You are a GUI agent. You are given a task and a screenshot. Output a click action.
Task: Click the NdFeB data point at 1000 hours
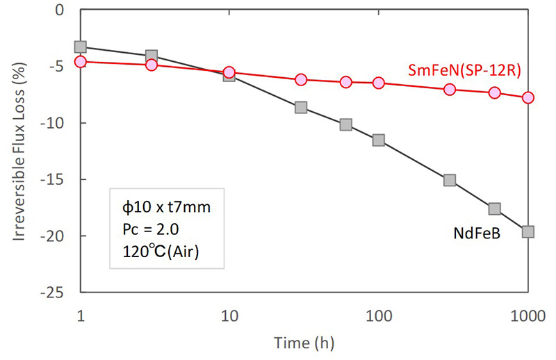(x=528, y=231)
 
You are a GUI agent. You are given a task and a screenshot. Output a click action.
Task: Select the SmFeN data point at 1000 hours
(x=528, y=97)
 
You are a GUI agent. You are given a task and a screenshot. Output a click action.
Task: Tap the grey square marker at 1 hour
(x=81, y=47)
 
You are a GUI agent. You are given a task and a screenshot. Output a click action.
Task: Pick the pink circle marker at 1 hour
(x=81, y=61)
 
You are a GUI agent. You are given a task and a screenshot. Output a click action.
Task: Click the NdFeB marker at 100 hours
(x=379, y=140)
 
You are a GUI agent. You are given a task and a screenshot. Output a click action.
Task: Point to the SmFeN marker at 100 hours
(x=379, y=83)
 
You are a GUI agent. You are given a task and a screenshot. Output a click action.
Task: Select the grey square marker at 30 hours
(x=301, y=107)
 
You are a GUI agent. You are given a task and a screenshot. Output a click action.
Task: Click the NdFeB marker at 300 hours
(x=450, y=180)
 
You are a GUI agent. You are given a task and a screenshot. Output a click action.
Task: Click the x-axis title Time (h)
(x=304, y=343)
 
